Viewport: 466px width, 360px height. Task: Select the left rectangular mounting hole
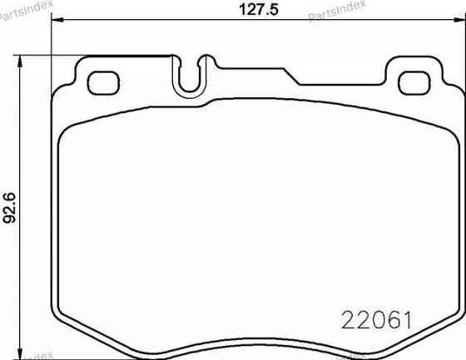tap(103, 82)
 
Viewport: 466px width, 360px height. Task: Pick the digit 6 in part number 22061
tap(391, 319)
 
